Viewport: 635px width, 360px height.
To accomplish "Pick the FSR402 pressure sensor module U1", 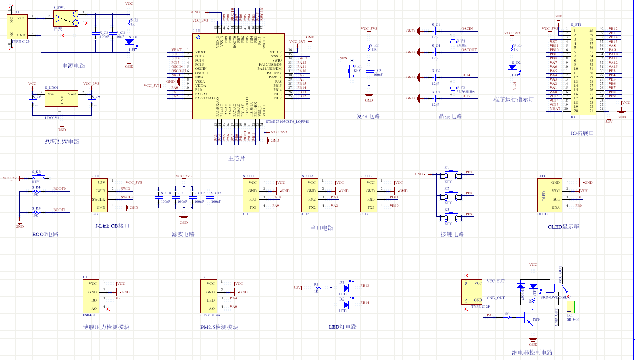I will [91, 296].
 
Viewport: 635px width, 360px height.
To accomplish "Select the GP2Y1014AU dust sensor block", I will [209, 296].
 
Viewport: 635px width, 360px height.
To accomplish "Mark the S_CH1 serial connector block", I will [253, 195].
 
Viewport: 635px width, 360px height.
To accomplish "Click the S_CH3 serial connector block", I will [370, 195].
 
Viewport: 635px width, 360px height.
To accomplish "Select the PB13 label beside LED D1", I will [365, 286].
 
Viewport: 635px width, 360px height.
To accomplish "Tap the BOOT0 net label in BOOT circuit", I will [59, 188].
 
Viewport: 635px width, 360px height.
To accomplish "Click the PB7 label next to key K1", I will [469, 172].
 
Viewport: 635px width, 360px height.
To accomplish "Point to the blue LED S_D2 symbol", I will [512, 67].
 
